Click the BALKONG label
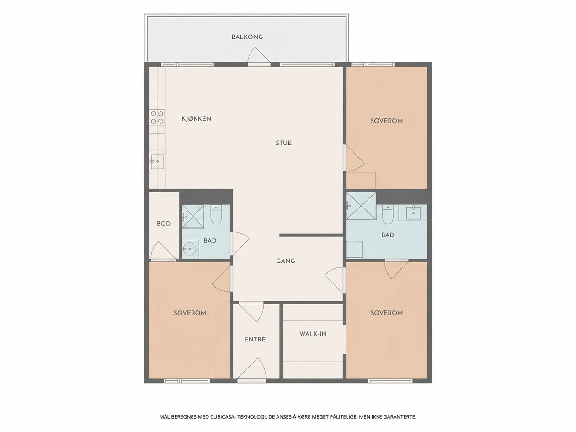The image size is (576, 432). [x=247, y=37]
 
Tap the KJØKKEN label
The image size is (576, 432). [x=196, y=118]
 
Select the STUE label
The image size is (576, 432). [x=283, y=143]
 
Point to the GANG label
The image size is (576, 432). [x=286, y=261]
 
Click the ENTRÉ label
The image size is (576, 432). [x=255, y=339]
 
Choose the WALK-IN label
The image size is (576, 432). [x=313, y=334]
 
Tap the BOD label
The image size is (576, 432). [x=164, y=224]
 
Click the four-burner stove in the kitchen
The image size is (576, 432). [x=157, y=117]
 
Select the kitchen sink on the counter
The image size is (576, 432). [x=157, y=161]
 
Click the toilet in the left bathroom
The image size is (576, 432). [x=216, y=214]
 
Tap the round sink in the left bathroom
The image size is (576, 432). [x=189, y=248]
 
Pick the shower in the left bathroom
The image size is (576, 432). [x=193, y=217]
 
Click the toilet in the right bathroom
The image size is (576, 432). [x=388, y=214]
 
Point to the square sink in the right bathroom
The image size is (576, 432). [x=413, y=213]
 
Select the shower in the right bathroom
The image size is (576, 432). [x=361, y=206]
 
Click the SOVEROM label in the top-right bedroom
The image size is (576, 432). [x=387, y=121]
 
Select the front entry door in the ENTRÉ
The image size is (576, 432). [x=251, y=369]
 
